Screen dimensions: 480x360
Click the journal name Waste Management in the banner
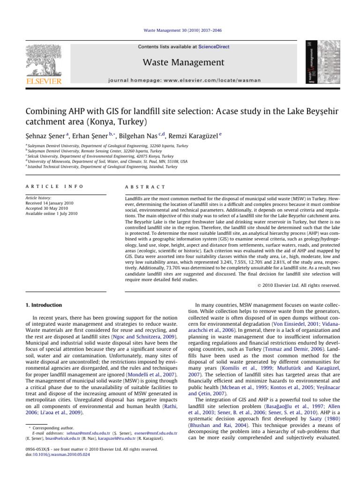pos(183,62)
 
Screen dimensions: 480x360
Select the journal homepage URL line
pos(183,80)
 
